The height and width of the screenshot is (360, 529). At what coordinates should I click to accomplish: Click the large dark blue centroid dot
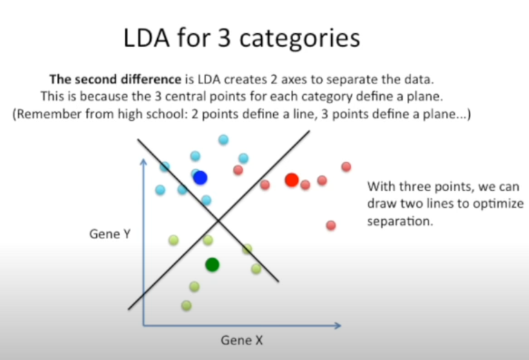point(200,178)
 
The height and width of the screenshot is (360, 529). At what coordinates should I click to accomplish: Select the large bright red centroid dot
point(292,180)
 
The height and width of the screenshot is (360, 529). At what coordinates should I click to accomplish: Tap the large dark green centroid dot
point(212,265)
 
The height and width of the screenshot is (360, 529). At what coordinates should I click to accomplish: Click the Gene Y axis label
point(109,234)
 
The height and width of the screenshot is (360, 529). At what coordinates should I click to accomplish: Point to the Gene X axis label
point(242,340)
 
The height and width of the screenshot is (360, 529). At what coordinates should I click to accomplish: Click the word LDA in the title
point(146,38)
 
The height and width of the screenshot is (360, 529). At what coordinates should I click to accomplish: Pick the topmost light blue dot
point(223,140)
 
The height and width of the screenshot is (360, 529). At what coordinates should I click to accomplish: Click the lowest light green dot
point(187,306)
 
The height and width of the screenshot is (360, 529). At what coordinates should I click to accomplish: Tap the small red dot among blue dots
point(238,170)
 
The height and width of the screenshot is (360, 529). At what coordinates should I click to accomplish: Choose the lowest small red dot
point(331,225)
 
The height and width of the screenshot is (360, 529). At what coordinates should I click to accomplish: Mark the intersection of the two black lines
point(218,221)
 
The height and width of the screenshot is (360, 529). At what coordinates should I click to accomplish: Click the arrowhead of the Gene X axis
point(338,326)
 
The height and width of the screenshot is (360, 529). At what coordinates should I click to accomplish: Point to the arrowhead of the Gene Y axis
point(143,162)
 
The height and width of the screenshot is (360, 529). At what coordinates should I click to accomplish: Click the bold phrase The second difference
point(115,79)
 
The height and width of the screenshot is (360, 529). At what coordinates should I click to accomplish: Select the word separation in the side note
point(400,222)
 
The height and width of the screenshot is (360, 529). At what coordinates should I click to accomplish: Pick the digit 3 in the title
point(224,38)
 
